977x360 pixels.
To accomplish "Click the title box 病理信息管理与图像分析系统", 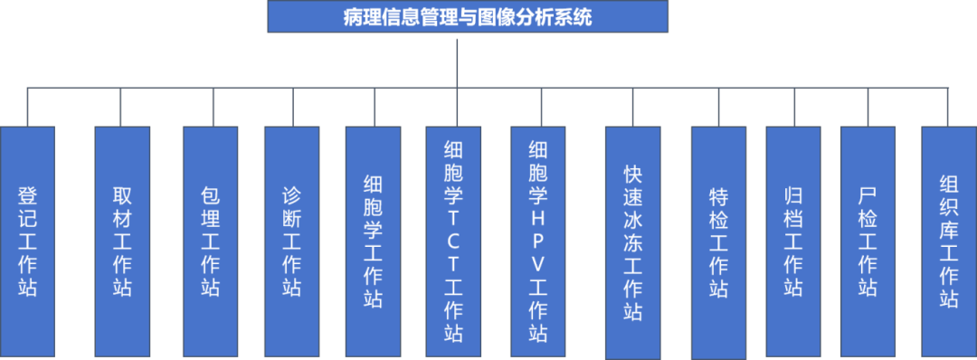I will pos(468,16).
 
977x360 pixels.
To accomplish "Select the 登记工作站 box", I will pos(28,242).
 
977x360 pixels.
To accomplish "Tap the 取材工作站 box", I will pos(122,242).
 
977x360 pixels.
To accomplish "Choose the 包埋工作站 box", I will pos(210,242).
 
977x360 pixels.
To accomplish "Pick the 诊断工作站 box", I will pos(291,242).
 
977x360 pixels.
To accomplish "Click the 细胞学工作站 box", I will pos(373,242).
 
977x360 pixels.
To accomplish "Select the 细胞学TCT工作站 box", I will pos(454,242).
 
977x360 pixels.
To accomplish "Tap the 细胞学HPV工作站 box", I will pos(538,242).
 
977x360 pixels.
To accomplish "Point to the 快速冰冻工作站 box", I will pos(632,242).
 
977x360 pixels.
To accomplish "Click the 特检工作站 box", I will pos(718,242).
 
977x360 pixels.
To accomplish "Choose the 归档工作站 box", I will pos(793,242).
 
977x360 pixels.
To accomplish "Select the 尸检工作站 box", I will pos(868,242).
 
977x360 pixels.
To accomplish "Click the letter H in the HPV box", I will pos(538,219).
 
